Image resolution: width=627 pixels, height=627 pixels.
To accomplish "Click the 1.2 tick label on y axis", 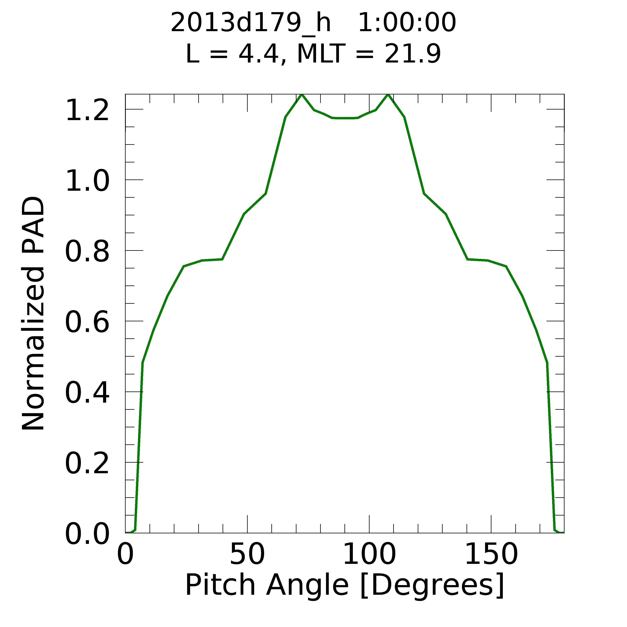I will (x=87, y=111).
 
